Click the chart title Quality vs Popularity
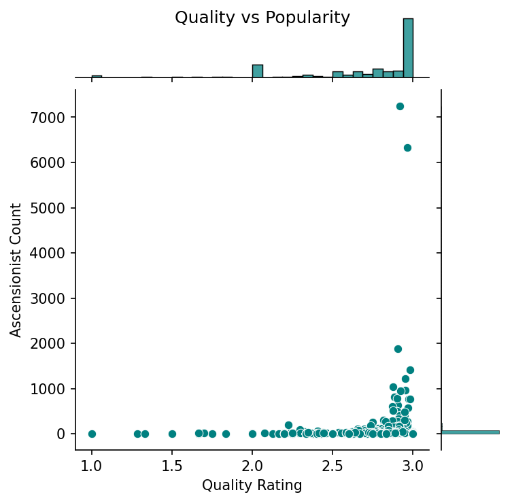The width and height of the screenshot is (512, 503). pyautogui.click(x=262, y=18)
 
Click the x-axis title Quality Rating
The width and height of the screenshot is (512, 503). pyautogui.click(x=252, y=485)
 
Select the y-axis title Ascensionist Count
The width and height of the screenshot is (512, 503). pyautogui.click(x=16, y=270)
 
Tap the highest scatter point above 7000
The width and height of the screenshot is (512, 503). pyautogui.click(x=400, y=106)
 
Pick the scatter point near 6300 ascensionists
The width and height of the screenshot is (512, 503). pyautogui.click(x=407, y=148)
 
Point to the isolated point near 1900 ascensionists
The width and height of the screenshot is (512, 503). pyautogui.click(x=398, y=349)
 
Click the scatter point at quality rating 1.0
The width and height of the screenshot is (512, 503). pyautogui.click(x=92, y=434)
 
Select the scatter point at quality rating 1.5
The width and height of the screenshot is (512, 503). pyautogui.click(x=172, y=434)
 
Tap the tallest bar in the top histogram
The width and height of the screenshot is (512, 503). pyautogui.click(x=408, y=48)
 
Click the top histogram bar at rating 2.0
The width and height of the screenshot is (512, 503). pyautogui.click(x=258, y=71)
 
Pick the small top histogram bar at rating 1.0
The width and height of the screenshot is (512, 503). pyautogui.click(x=97, y=77)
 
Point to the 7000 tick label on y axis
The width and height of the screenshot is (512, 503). pyautogui.click(x=52, y=118)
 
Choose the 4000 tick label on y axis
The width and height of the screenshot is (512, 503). pyautogui.click(x=52, y=253)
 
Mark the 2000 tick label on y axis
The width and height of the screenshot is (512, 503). pyautogui.click(x=52, y=343)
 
